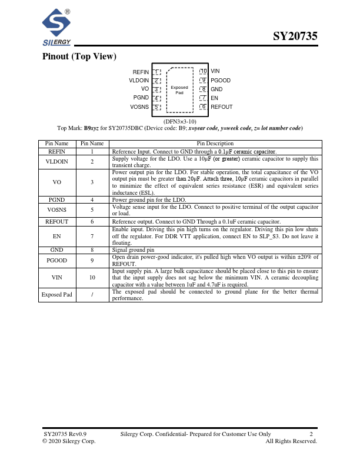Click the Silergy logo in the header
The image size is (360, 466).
tap(56, 28)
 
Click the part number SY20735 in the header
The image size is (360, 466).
tap(295, 36)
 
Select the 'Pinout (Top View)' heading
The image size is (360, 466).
tap(79, 56)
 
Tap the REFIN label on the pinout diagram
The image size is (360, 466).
tap(141, 72)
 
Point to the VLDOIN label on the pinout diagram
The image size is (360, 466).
tap(139, 81)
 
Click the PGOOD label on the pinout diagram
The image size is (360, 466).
tap(221, 81)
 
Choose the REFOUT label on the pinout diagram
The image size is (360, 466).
tap(222, 107)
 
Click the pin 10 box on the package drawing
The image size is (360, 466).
tap(203, 72)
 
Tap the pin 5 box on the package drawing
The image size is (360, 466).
tap(156, 107)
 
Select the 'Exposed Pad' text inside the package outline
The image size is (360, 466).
tap(179, 90)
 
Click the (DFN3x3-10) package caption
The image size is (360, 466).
tap(180, 121)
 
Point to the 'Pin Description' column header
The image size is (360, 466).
tap(215, 144)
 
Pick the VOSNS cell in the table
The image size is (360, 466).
tap(57, 209)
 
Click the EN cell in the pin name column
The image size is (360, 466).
tap(57, 236)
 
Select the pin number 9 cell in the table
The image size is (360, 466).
tap(92, 259)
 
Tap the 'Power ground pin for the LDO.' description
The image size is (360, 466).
tap(149, 200)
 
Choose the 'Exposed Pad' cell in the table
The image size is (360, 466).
tap(57, 294)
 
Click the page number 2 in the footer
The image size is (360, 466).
tap(311, 434)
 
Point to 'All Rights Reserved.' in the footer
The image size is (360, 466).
tap(291, 441)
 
